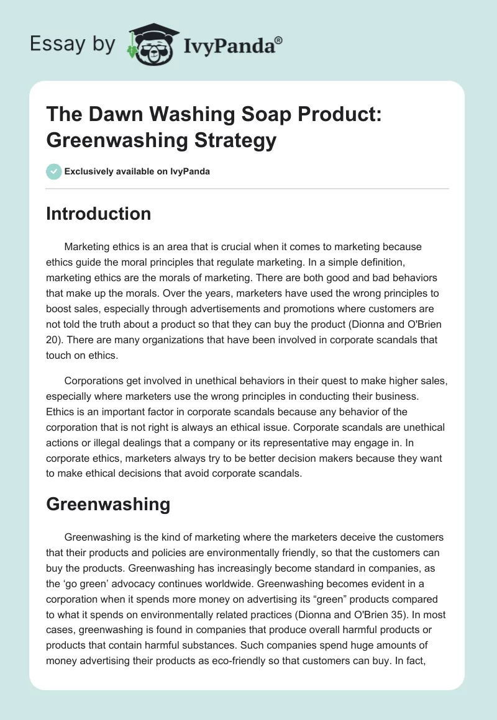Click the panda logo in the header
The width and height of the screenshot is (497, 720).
coord(152,44)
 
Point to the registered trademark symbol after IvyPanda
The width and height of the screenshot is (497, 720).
coord(279,40)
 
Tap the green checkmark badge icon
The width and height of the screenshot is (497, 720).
coord(54,171)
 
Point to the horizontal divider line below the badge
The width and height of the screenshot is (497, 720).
coord(248,188)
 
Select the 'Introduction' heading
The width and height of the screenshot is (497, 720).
coord(98,214)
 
